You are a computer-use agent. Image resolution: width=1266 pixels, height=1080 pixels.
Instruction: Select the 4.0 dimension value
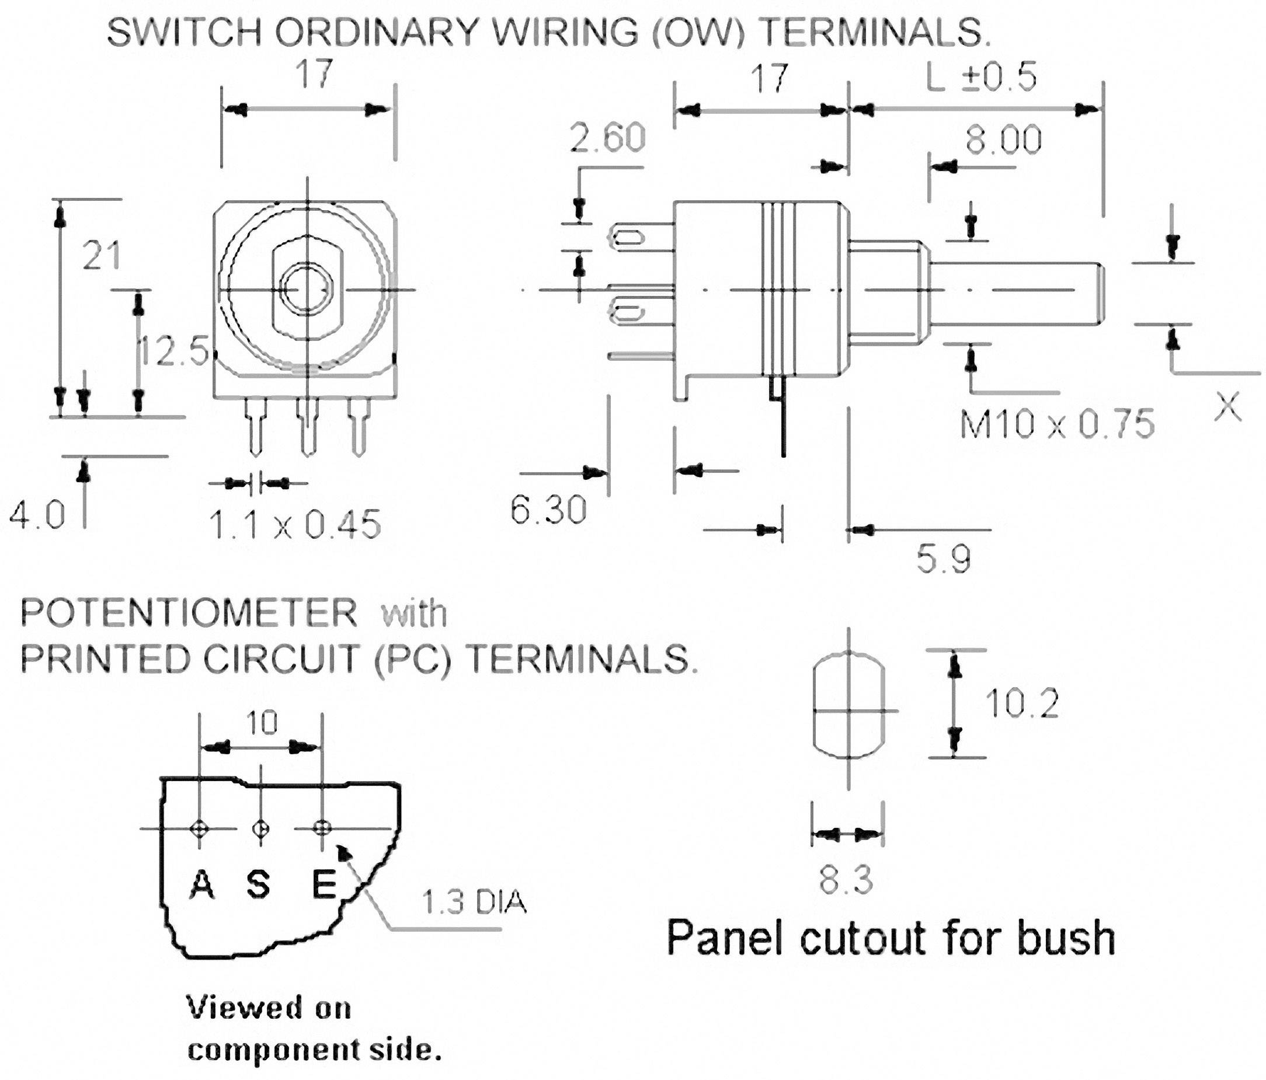(37, 515)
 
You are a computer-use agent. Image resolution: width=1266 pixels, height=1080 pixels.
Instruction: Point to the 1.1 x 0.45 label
(294, 525)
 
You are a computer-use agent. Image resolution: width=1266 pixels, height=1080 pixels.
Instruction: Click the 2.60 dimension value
(607, 137)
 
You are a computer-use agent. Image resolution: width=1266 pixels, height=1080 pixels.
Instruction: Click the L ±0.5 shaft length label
(981, 78)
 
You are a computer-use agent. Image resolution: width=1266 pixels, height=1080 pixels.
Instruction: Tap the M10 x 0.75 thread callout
(1057, 424)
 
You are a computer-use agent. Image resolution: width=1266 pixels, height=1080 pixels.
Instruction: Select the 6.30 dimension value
(548, 510)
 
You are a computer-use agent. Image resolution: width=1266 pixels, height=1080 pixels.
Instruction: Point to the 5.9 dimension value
(944, 558)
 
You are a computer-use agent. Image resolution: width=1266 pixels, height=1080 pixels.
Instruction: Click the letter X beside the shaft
(1227, 407)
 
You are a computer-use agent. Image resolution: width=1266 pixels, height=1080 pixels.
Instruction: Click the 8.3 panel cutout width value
(846, 880)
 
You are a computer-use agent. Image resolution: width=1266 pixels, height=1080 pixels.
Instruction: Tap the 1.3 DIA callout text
(474, 903)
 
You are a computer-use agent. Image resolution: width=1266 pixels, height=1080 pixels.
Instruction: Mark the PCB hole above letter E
(322, 828)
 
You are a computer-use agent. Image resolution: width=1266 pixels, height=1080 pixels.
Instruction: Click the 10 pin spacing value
(262, 723)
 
